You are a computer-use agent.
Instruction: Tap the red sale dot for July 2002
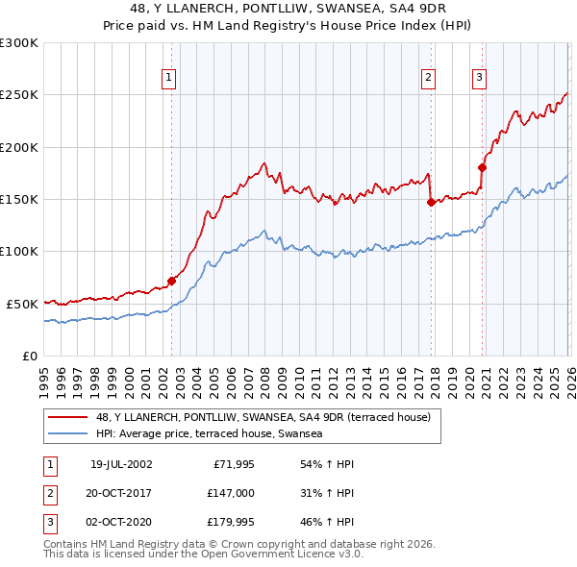tap(172, 281)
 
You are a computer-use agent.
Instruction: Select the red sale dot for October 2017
tap(431, 203)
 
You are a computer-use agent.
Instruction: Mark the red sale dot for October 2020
tap(482, 167)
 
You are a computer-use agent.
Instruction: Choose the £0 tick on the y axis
tap(29, 356)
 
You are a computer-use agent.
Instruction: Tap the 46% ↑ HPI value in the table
tap(328, 523)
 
